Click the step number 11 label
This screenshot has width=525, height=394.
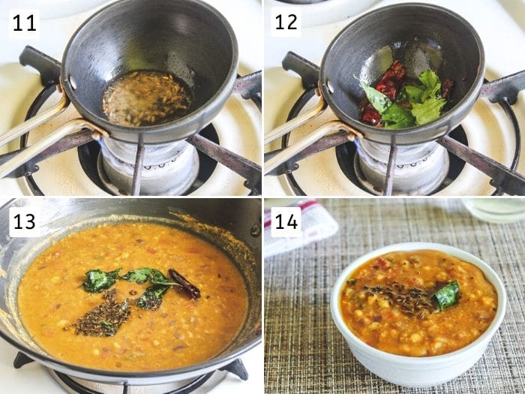point(24,23)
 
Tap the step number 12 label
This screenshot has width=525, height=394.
point(286,23)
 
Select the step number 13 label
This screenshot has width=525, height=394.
point(24,221)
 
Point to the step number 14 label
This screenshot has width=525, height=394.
point(286,221)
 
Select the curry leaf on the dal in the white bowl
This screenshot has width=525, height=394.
point(446,295)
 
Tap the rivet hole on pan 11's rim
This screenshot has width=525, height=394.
point(72,82)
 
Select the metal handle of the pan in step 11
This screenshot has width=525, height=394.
point(40,134)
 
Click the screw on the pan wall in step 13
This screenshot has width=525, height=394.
point(256,230)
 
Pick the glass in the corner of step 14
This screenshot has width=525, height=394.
point(495,209)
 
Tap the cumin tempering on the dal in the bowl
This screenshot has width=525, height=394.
point(402,299)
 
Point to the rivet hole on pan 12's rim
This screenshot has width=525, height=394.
point(331,87)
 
